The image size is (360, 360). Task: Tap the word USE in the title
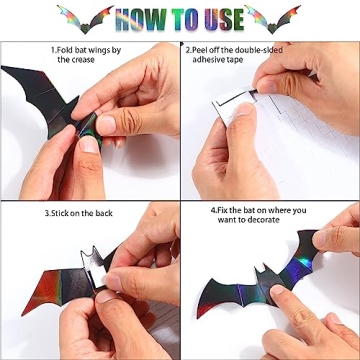coord(225,19)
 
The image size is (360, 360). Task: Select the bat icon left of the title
coord(85,19)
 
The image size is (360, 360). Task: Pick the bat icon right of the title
coord(272,19)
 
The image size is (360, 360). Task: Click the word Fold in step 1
coord(65,51)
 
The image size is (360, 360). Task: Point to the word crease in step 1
coord(83,60)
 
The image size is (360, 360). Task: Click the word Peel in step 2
coord(200,50)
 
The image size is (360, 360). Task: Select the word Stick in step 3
coord(59,213)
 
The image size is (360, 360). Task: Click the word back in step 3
coord(104,213)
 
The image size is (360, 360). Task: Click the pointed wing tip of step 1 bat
coord(2,67)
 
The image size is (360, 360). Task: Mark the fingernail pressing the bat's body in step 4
coord(277,291)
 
